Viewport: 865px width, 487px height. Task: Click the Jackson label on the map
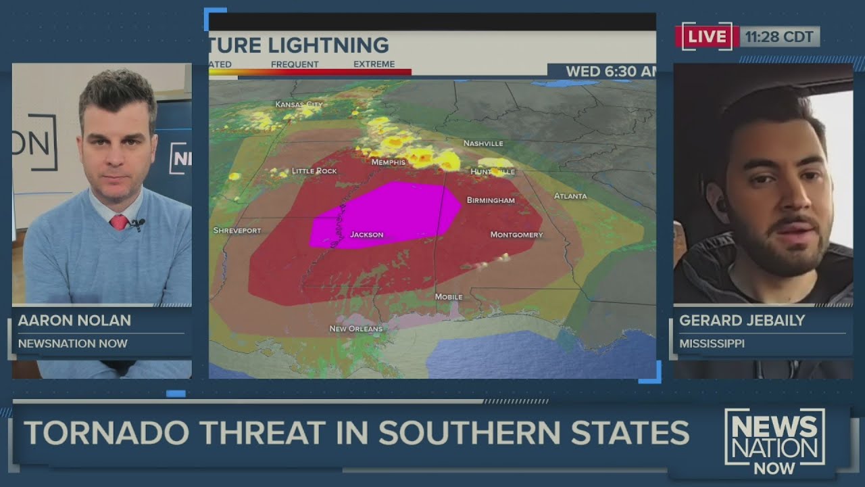[x=366, y=235]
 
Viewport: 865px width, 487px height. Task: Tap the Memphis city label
[x=388, y=162]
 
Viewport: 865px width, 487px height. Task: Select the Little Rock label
[x=314, y=171]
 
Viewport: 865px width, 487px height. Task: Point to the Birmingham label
[x=491, y=200]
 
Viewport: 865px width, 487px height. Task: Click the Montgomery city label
[x=516, y=235]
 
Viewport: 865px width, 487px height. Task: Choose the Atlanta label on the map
[x=570, y=196]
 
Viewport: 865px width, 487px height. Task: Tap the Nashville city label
[x=483, y=143]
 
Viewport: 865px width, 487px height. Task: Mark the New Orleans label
[x=355, y=329]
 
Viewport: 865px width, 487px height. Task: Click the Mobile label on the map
[x=449, y=297]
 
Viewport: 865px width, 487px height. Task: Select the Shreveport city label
[x=237, y=231]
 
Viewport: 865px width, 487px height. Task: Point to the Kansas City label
[x=299, y=104]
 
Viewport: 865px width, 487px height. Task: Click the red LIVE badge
[x=706, y=37]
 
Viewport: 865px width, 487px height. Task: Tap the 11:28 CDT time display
[x=780, y=37]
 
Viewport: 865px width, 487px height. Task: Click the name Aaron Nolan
[x=74, y=321]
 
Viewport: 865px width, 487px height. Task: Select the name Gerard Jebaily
[x=742, y=321]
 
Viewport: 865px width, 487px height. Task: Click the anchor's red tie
[x=119, y=222]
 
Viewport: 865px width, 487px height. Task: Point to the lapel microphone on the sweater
[x=138, y=223]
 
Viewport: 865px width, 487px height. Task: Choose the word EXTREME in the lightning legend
[x=374, y=64]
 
